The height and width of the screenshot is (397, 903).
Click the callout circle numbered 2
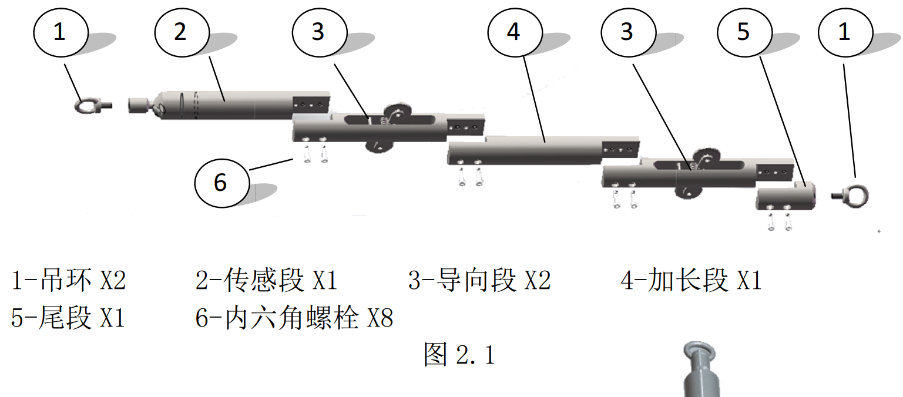click(x=180, y=32)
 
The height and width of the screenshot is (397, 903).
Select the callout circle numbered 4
click(x=513, y=32)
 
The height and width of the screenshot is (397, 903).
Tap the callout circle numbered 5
click(x=743, y=32)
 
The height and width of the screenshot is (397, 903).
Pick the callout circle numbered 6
click(x=220, y=183)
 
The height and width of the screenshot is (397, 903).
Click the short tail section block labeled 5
click(x=786, y=197)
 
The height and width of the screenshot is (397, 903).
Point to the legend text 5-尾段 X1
click(x=68, y=318)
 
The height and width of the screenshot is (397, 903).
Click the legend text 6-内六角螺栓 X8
click(x=294, y=318)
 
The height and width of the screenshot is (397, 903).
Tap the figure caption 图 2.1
click(x=459, y=355)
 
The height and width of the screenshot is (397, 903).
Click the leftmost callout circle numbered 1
click(x=59, y=32)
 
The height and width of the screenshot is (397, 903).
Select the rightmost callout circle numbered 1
click(x=844, y=32)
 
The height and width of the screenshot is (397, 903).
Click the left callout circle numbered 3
click(x=318, y=32)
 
